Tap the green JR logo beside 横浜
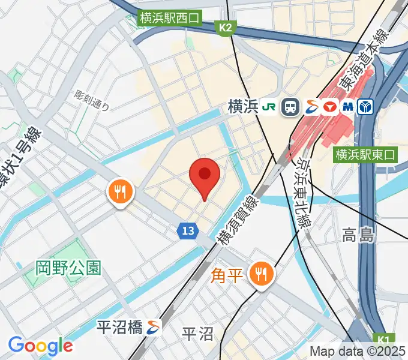coord(270,107)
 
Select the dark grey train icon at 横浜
coord(291,107)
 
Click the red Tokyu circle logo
coord(329,107)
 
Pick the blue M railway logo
coord(347,107)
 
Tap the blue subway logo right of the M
coord(365,107)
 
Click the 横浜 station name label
coord(243,107)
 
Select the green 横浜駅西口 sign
coord(170,18)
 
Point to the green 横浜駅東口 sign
coord(366,155)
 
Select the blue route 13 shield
coord(188,230)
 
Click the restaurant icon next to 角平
coord(261,275)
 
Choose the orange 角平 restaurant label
coord(227,275)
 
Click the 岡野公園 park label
coord(68,268)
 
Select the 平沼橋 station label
coord(119,327)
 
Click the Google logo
coord(40,346)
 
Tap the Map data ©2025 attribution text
coord(357,352)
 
